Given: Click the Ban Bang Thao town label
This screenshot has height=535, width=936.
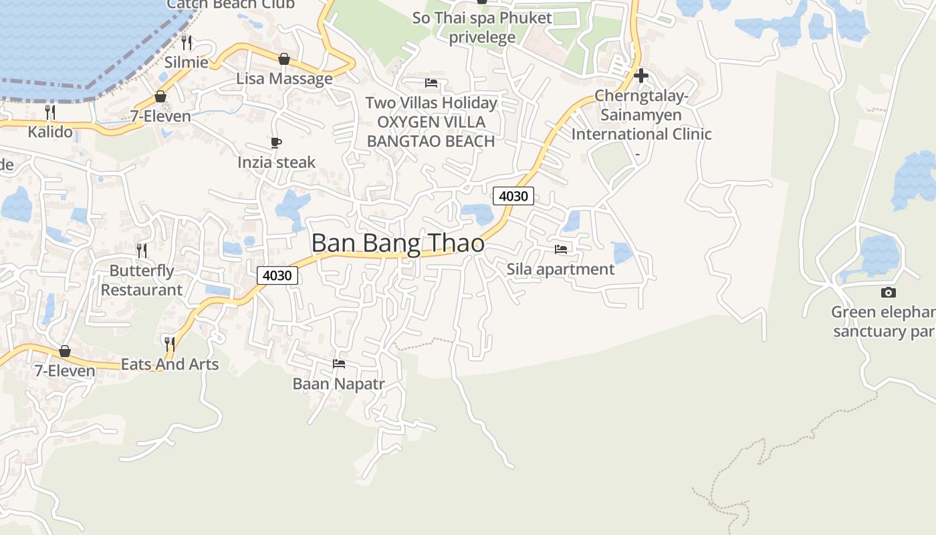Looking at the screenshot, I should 398,243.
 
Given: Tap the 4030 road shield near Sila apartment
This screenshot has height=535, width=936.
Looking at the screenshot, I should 513,196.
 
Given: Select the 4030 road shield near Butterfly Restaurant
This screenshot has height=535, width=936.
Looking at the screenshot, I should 277,275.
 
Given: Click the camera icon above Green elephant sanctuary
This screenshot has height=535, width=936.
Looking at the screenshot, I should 889,292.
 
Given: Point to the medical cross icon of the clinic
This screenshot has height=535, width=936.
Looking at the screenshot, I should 640,76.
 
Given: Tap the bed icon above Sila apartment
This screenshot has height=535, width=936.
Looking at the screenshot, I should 561,249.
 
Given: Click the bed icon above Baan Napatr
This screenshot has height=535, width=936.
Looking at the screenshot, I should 339,364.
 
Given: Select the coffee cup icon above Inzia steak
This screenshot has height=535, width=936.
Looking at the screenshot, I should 276,142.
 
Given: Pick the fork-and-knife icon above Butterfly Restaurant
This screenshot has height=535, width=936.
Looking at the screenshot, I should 142,251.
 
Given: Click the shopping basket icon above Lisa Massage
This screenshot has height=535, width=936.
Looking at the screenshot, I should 284,59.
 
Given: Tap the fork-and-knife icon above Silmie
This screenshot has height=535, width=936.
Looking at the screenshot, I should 187,43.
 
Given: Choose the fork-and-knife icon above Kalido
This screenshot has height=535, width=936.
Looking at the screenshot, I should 50,112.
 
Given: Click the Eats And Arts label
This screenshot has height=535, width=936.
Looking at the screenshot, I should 170,364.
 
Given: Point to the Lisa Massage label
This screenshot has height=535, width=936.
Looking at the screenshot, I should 284,79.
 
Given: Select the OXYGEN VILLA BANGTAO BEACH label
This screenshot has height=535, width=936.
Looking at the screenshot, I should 431,132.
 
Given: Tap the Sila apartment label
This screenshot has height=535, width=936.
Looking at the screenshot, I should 560,269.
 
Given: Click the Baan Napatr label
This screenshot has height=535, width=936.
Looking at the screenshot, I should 339,384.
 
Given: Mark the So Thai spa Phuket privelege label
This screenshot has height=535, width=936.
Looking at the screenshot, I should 482,27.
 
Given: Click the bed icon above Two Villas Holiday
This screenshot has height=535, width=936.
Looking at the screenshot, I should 431,84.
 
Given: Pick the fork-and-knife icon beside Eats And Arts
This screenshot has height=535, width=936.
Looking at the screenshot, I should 170,344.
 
